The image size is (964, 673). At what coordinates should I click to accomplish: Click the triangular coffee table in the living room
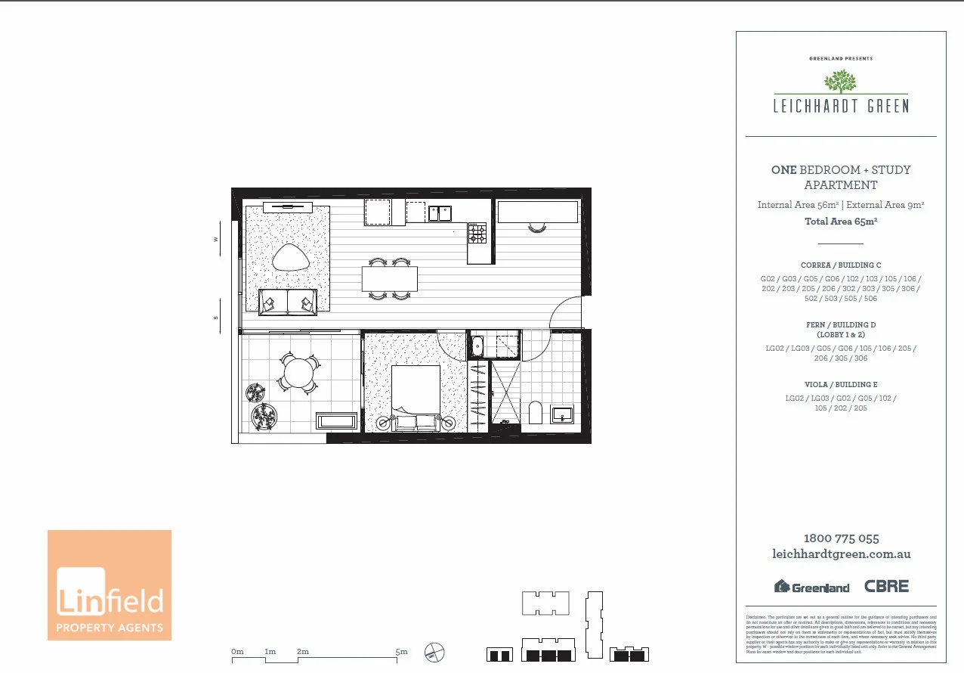pyautogui.click(x=291, y=259)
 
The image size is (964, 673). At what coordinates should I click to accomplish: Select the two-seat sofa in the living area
pyautogui.click(x=287, y=302)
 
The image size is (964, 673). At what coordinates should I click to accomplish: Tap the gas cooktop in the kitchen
pyautogui.click(x=477, y=233)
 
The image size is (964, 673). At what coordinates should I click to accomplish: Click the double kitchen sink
pyautogui.click(x=440, y=213)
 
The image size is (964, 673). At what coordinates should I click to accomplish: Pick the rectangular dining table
pyautogui.click(x=389, y=279)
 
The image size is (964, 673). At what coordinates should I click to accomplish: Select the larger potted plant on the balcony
pyautogui.click(x=264, y=415)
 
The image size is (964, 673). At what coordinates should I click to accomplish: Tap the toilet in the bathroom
pyautogui.click(x=536, y=413)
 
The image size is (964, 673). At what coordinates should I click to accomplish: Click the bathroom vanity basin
pyautogui.click(x=562, y=414)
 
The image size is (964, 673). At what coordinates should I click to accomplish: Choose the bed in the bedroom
pyautogui.click(x=415, y=397)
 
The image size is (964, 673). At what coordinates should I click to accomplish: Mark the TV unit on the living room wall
pyautogui.click(x=287, y=207)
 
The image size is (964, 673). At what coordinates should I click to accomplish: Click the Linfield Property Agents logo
pyautogui.click(x=110, y=585)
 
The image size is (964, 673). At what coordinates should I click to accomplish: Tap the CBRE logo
pyautogui.click(x=886, y=586)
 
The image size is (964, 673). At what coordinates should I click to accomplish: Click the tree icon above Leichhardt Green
pyautogui.click(x=841, y=82)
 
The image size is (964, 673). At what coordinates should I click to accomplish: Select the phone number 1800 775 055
pyautogui.click(x=841, y=538)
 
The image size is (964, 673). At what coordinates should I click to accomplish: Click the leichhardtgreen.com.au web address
pyautogui.click(x=841, y=554)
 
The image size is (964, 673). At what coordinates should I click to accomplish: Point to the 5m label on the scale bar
pyautogui.click(x=401, y=651)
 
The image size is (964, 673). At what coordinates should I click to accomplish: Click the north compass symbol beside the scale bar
pyautogui.click(x=435, y=652)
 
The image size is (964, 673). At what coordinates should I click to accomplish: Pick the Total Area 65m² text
pyautogui.click(x=841, y=222)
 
